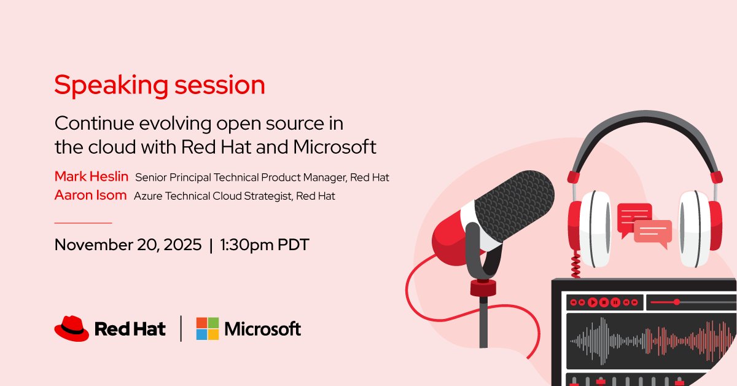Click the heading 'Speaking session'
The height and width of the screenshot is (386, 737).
160,85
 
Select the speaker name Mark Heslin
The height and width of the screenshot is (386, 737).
92,177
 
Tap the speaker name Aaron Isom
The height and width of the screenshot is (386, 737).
90,195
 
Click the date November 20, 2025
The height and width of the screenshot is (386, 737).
128,245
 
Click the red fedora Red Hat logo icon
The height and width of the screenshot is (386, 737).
72,328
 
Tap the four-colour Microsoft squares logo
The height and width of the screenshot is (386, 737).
207,328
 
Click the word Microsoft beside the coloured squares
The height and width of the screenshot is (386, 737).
263,329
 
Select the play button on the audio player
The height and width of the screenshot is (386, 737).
593,302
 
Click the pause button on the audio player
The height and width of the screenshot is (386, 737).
616,302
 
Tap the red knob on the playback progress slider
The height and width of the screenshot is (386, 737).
676,302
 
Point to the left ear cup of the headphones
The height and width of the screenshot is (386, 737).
587,227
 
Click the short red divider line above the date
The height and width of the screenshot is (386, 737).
83,223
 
